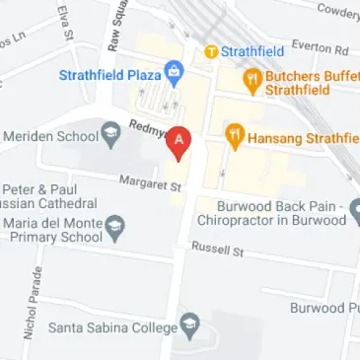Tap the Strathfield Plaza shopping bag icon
tap(175, 73)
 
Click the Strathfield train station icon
tap(211, 50)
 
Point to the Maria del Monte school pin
tap(115, 230)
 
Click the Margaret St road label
tap(151, 182)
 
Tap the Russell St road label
tap(217, 250)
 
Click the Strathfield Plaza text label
tap(109, 74)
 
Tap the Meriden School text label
tap(48, 135)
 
